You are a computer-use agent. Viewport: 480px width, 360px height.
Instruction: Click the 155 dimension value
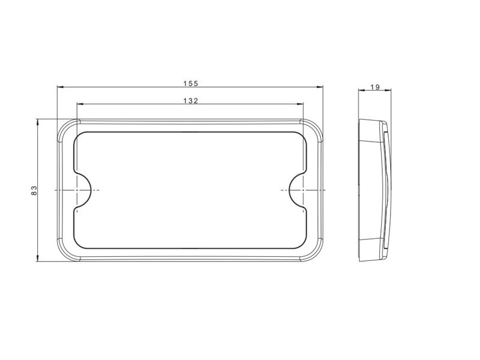click(x=191, y=83)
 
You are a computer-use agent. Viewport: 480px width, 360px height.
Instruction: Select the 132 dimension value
click(x=191, y=101)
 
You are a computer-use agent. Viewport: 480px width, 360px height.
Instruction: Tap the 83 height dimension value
click(x=34, y=190)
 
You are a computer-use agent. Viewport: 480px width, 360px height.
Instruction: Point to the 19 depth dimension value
click(x=375, y=87)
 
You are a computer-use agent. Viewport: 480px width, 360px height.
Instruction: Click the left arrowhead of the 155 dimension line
click(x=61, y=87)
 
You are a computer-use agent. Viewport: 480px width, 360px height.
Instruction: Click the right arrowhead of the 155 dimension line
click(x=320, y=87)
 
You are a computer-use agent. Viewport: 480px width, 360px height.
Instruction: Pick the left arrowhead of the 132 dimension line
click(x=80, y=104)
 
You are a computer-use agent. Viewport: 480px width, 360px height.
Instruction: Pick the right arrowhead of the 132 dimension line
click(x=300, y=104)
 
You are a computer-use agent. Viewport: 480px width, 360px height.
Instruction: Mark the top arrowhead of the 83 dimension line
click(x=38, y=122)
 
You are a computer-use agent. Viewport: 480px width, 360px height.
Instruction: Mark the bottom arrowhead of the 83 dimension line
click(x=38, y=258)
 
